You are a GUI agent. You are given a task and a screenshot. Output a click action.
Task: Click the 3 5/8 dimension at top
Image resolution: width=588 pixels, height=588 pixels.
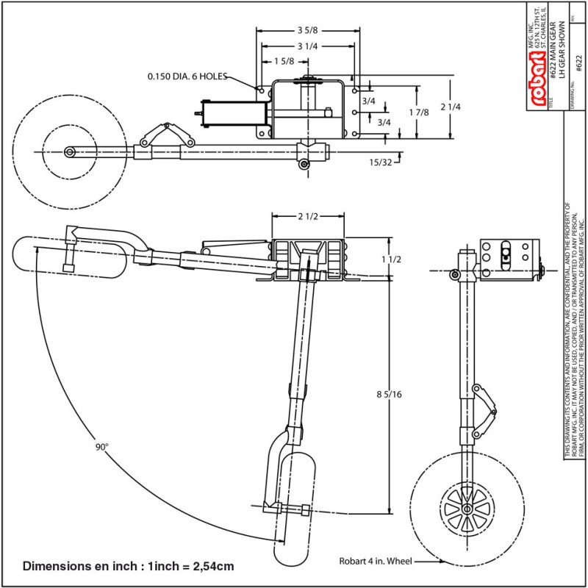click(308, 31)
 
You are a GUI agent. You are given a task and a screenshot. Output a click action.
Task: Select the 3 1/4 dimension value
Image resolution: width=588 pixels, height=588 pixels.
click(307, 46)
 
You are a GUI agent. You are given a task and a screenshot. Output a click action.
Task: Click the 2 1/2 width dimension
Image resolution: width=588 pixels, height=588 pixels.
click(308, 217)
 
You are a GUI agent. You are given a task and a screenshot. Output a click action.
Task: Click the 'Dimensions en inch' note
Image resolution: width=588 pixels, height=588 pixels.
click(129, 567)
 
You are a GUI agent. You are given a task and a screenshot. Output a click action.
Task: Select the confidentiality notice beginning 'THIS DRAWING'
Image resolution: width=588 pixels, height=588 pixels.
click(573, 331)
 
